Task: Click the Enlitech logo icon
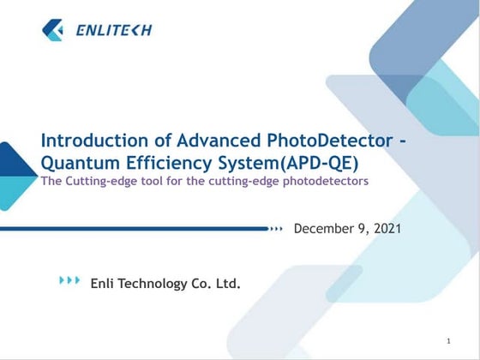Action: click(x=52, y=30)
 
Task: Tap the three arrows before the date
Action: click(x=276, y=229)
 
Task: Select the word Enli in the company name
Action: click(x=104, y=283)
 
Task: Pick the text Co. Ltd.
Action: click(x=219, y=283)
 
